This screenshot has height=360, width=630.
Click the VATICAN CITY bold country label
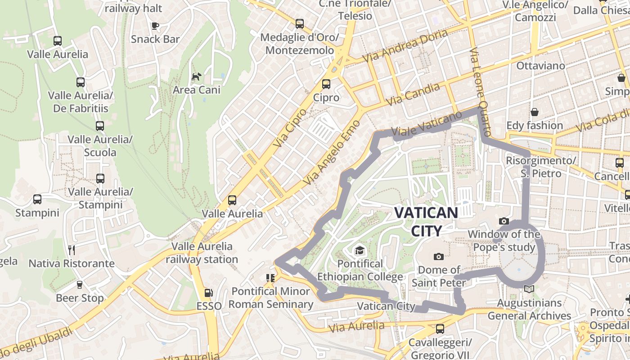point(426,221)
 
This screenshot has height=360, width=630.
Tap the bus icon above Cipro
point(326,84)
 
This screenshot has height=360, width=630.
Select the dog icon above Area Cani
point(197,77)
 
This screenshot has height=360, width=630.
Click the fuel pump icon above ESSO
point(208,293)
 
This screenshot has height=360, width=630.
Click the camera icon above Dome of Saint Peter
point(438,256)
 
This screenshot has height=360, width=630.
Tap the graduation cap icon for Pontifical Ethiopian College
point(360,250)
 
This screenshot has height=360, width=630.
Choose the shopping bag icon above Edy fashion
point(535,112)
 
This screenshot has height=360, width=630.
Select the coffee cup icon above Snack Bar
point(155,26)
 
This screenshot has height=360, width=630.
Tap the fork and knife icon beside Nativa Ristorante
point(72,250)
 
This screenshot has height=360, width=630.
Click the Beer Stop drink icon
point(80,284)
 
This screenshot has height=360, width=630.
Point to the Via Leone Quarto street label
point(480,92)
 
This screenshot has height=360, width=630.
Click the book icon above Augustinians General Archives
point(530,289)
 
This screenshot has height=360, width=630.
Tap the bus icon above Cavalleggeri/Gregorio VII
point(440,329)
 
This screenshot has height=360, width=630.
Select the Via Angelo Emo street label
point(332,152)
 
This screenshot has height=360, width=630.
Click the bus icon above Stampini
point(37,199)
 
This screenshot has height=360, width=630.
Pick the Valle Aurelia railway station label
point(202,253)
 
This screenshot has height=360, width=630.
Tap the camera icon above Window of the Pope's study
point(504,221)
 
